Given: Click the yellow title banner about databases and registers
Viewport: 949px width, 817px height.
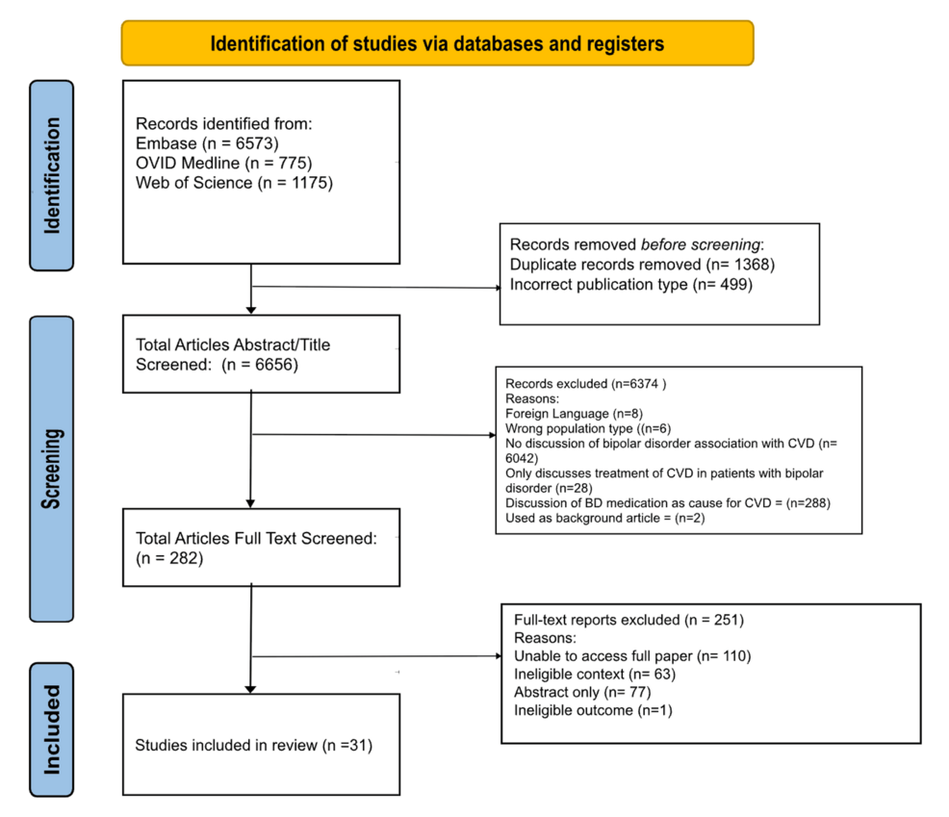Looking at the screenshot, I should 437,43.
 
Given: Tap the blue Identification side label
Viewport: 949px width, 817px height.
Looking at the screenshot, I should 52,174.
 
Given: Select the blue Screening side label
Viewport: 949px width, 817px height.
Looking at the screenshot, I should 52,468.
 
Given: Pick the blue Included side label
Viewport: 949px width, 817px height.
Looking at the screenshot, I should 52,728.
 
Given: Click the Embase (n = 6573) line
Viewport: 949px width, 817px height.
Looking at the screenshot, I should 199,143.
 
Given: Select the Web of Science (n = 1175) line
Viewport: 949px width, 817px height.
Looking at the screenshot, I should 234,182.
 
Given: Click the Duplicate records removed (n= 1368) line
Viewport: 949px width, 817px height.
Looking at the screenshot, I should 642,265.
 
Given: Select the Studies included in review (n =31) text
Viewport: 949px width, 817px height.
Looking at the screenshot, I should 253,744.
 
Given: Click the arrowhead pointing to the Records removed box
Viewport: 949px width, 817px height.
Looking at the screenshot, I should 497,287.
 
